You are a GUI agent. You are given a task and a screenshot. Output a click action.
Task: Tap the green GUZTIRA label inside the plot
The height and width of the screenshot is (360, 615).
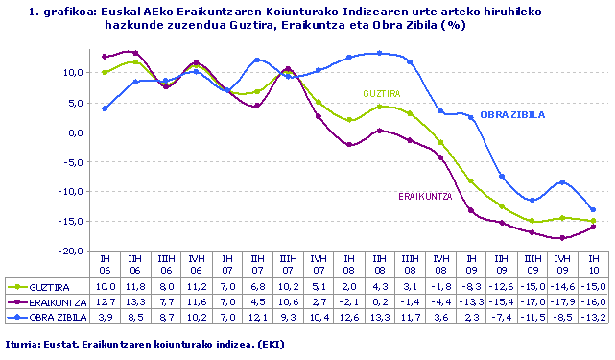pyautogui.click(x=381, y=93)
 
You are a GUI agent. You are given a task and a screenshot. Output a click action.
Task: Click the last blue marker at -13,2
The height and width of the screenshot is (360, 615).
pyautogui.click(x=593, y=209)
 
